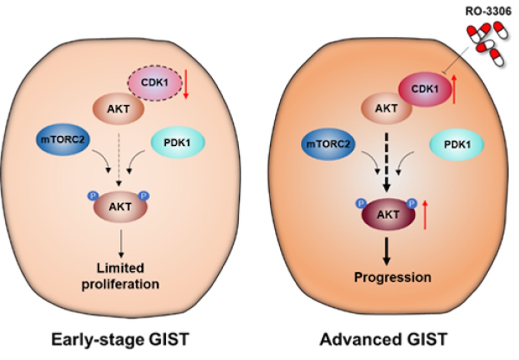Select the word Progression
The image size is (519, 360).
point(392,277)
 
